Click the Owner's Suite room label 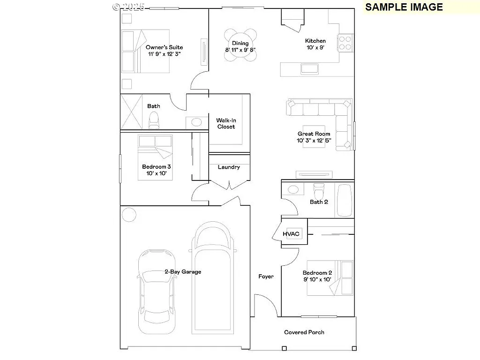click(164, 47)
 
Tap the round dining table click(240, 45)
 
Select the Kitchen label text click(315, 41)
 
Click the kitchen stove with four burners click(345, 43)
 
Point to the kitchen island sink click(310, 69)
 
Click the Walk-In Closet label click(225, 123)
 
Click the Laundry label click(229, 167)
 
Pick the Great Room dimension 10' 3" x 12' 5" click(314, 141)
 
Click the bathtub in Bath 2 click(345, 200)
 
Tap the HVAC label click(291, 234)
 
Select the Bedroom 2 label click(317, 273)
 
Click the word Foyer click(266, 277)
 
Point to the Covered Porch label click(304, 332)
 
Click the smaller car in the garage click(157, 286)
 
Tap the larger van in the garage click(214, 277)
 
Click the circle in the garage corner click(128, 215)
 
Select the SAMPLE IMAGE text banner click(404, 7)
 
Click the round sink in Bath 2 click(293, 190)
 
